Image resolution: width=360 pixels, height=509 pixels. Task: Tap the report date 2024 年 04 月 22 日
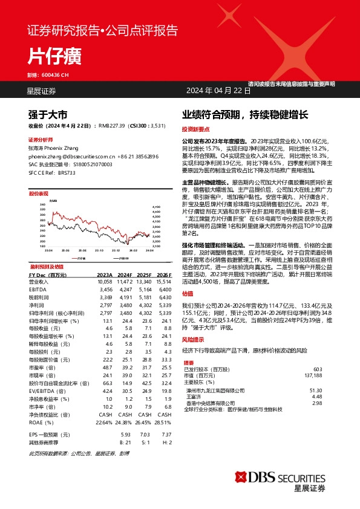coord(218,91)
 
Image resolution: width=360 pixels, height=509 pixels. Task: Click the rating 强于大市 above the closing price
coord(48,114)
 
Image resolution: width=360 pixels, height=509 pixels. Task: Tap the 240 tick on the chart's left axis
coord(43,204)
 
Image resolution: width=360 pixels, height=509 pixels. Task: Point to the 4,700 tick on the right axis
coord(155,207)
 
